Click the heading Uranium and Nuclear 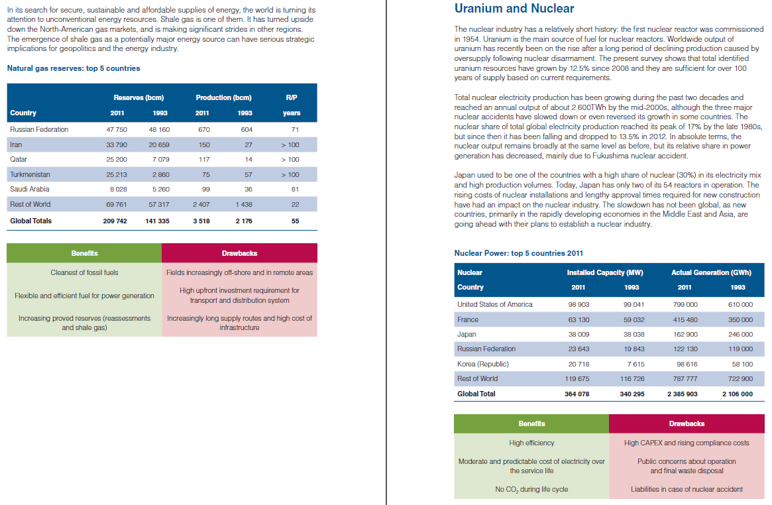[x=514, y=9]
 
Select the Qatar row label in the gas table [x=19, y=159]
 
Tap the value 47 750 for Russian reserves [x=117, y=129]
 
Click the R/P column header [x=292, y=97]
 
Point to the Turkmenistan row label [x=30, y=174]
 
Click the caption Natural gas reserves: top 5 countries [x=73, y=68]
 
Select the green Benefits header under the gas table [x=84, y=253]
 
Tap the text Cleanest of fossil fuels [x=84, y=272]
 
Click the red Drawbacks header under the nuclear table [x=687, y=423]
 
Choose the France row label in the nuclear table [x=468, y=319]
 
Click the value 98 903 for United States [x=579, y=304]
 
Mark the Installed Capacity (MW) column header [x=605, y=272]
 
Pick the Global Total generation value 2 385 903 [x=682, y=394]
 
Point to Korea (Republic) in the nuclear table [x=483, y=364]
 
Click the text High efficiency [x=531, y=443]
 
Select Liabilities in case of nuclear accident [x=687, y=489]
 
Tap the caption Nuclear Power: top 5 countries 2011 [x=519, y=252]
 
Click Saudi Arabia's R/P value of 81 [x=295, y=189]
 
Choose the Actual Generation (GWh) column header [x=711, y=272]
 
